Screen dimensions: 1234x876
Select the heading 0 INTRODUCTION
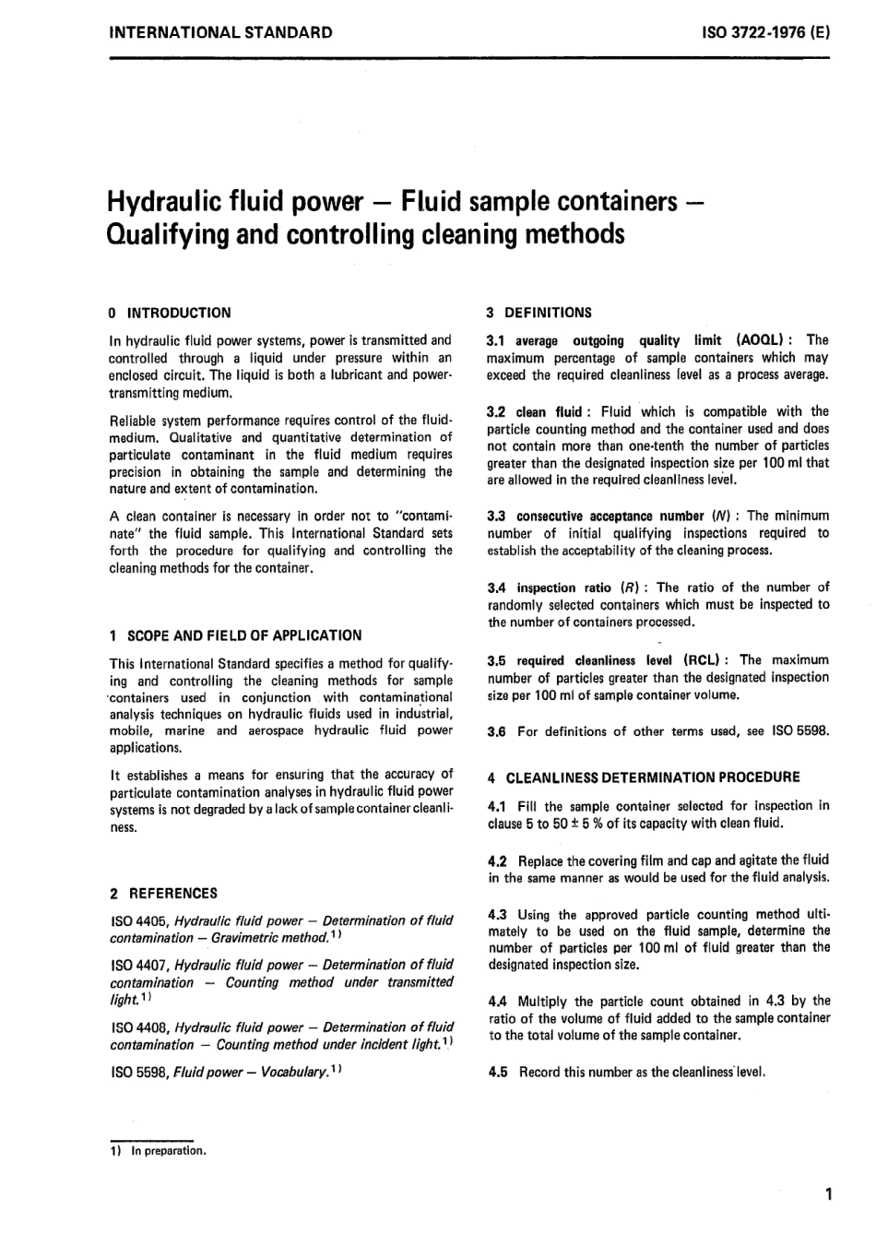point(170,313)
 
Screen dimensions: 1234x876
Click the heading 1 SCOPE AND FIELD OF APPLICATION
point(235,635)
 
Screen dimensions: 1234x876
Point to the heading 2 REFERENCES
point(163,893)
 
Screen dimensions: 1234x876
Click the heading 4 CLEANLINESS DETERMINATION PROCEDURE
point(643,777)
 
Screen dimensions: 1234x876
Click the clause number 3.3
point(497,516)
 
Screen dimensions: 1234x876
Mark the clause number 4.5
point(497,1072)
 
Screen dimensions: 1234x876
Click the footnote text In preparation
point(169,1151)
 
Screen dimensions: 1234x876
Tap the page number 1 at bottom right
point(829,1196)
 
